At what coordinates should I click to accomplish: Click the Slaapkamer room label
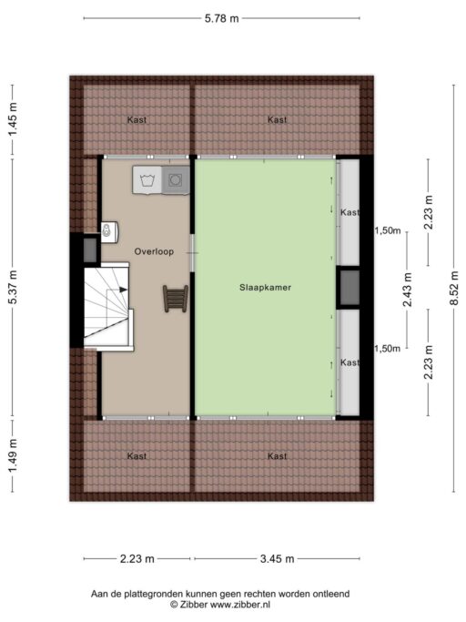pos(265,288)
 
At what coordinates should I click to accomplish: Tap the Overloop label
pos(154,251)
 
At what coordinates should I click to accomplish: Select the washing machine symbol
pos(147,180)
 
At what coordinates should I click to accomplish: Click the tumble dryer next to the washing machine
pos(176,180)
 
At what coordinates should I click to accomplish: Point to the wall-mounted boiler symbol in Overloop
pos(109,231)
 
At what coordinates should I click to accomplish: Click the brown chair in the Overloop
pos(176,299)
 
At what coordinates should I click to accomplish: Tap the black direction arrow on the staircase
pos(124,290)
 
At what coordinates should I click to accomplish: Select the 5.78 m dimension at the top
pos(222,18)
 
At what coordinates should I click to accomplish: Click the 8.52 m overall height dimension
pos(454,288)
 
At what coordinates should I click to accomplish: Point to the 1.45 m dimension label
pos(13,119)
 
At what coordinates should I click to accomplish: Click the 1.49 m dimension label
pos(13,455)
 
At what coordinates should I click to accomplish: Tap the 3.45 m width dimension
pos(278,559)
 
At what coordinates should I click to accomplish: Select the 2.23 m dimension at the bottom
pos(137,559)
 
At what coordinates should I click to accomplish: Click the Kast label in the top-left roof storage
pos(137,119)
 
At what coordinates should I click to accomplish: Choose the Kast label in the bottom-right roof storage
pos(277,456)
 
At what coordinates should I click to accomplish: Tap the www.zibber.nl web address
pos(239,605)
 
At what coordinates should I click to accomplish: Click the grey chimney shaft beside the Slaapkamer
pos(349,288)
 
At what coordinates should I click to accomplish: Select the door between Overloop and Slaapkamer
pos(192,252)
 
